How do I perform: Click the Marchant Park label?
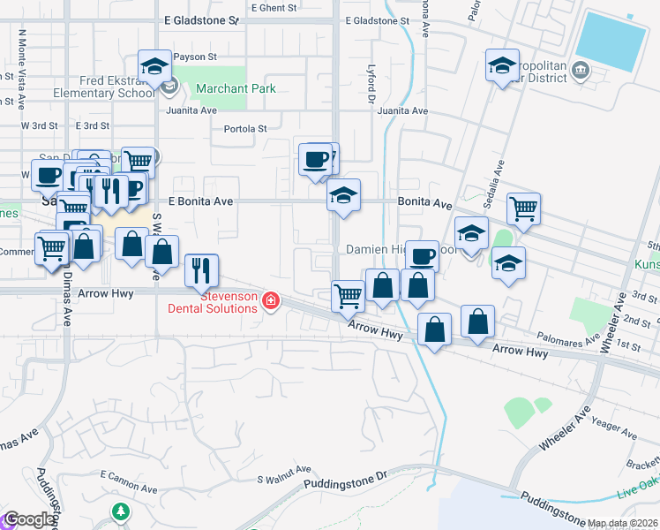[x=236, y=88]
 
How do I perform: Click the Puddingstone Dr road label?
[x=345, y=483]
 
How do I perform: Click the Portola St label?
[x=245, y=128]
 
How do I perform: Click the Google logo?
[x=28, y=519]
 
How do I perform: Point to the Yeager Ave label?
[x=616, y=428]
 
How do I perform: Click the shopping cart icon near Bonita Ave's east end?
[x=523, y=208]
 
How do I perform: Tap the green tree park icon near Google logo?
[x=120, y=511]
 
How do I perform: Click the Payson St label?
[x=195, y=57]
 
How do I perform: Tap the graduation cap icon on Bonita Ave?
[x=343, y=195]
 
